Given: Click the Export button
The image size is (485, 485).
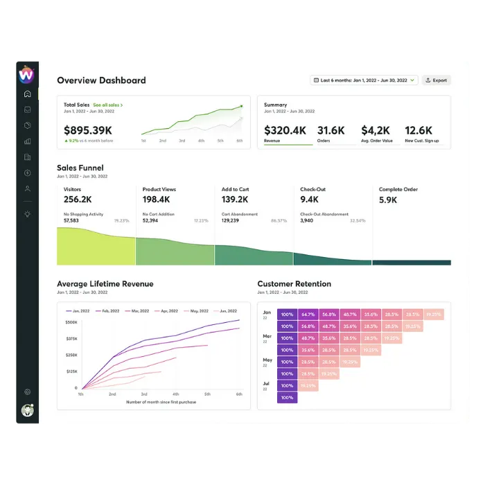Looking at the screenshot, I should (436, 80).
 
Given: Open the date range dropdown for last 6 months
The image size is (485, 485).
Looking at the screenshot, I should (364, 80).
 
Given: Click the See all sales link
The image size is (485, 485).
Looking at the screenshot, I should (107, 105).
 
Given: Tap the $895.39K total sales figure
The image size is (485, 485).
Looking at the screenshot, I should (88, 130).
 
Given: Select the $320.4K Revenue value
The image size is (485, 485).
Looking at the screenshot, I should (285, 130).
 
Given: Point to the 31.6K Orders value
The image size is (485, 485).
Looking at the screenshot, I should (331, 130).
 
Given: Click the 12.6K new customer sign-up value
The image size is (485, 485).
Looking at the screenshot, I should (418, 130).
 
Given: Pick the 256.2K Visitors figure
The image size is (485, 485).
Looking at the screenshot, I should (78, 200).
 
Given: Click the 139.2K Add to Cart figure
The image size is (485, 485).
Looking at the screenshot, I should (235, 200).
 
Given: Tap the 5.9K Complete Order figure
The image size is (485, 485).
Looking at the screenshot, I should (388, 200).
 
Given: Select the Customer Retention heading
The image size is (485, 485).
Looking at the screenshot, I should (294, 284).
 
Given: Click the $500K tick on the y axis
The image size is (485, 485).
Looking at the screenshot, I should (71, 323).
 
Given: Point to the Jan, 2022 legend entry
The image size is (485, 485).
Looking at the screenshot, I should (80, 311).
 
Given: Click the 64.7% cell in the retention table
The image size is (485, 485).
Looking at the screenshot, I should (308, 315).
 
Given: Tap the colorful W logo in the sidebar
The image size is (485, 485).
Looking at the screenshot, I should (26, 73).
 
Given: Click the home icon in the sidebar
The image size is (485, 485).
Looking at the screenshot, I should (27, 94).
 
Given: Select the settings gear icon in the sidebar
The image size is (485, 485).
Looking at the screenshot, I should (27, 392).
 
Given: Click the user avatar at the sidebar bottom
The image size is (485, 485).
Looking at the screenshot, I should (27, 411).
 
